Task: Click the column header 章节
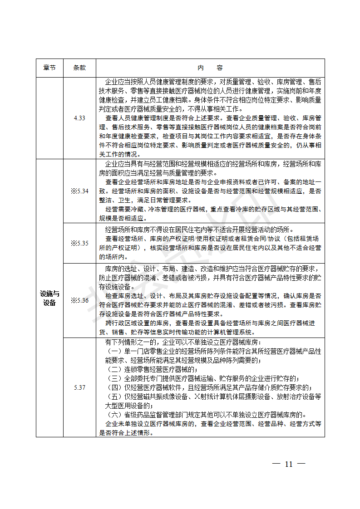(x=49, y=68)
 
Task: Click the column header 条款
(x=79, y=68)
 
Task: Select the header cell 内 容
(x=210, y=68)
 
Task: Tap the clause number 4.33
(x=79, y=118)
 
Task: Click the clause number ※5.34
(x=79, y=191)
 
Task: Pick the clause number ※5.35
(x=79, y=243)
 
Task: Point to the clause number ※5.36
(x=79, y=300)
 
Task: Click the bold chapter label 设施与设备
(x=49, y=298)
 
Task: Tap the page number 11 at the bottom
(x=289, y=464)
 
